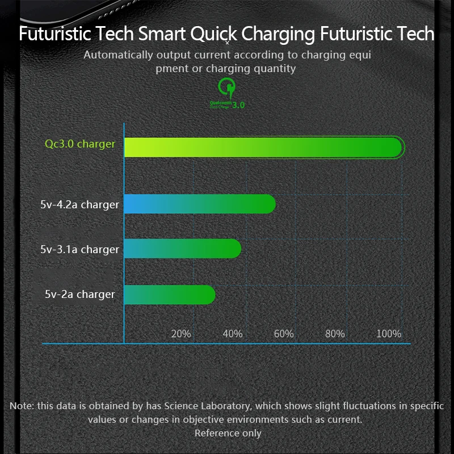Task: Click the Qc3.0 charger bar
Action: click(263, 148)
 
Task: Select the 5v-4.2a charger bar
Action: click(200, 204)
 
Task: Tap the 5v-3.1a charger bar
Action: click(182, 249)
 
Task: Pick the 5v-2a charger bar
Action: click(169, 295)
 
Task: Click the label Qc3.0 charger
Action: click(80, 144)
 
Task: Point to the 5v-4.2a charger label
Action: click(80, 204)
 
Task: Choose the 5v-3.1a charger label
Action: click(80, 249)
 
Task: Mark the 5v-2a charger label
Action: click(80, 294)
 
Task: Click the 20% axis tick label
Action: click(181, 334)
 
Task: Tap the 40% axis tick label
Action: click(233, 334)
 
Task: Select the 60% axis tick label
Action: click(284, 334)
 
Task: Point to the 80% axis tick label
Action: click(335, 334)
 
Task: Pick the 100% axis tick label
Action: click(389, 334)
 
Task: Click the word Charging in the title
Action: click(278, 33)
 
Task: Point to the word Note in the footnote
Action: click(22, 406)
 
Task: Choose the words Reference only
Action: click(228, 433)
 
